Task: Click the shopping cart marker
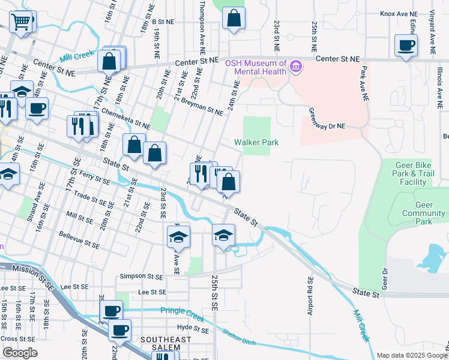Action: [22, 23]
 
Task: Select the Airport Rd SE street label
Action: [310, 296]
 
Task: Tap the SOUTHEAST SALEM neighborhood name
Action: [165, 340]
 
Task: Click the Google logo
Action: [20, 353]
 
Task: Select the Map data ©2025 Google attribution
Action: [411, 355]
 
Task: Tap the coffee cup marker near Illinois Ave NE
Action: [406, 46]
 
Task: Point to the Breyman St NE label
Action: [202, 106]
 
